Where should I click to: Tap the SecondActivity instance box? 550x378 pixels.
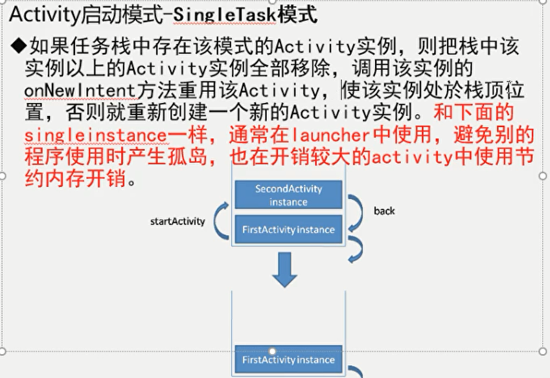(x=288, y=195)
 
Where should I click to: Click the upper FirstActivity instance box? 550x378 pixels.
(x=288, y=230)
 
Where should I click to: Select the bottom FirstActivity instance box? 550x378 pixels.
(x=288, y=360)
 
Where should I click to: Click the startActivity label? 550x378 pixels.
(x=178, y=221)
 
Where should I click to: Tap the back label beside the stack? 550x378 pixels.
(x=384, y=211)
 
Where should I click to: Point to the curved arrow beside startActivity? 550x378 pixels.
(x=222, y=221)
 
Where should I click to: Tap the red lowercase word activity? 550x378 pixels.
(x=424, y=157)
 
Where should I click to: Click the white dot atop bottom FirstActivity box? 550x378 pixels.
(x=273, y=351)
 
